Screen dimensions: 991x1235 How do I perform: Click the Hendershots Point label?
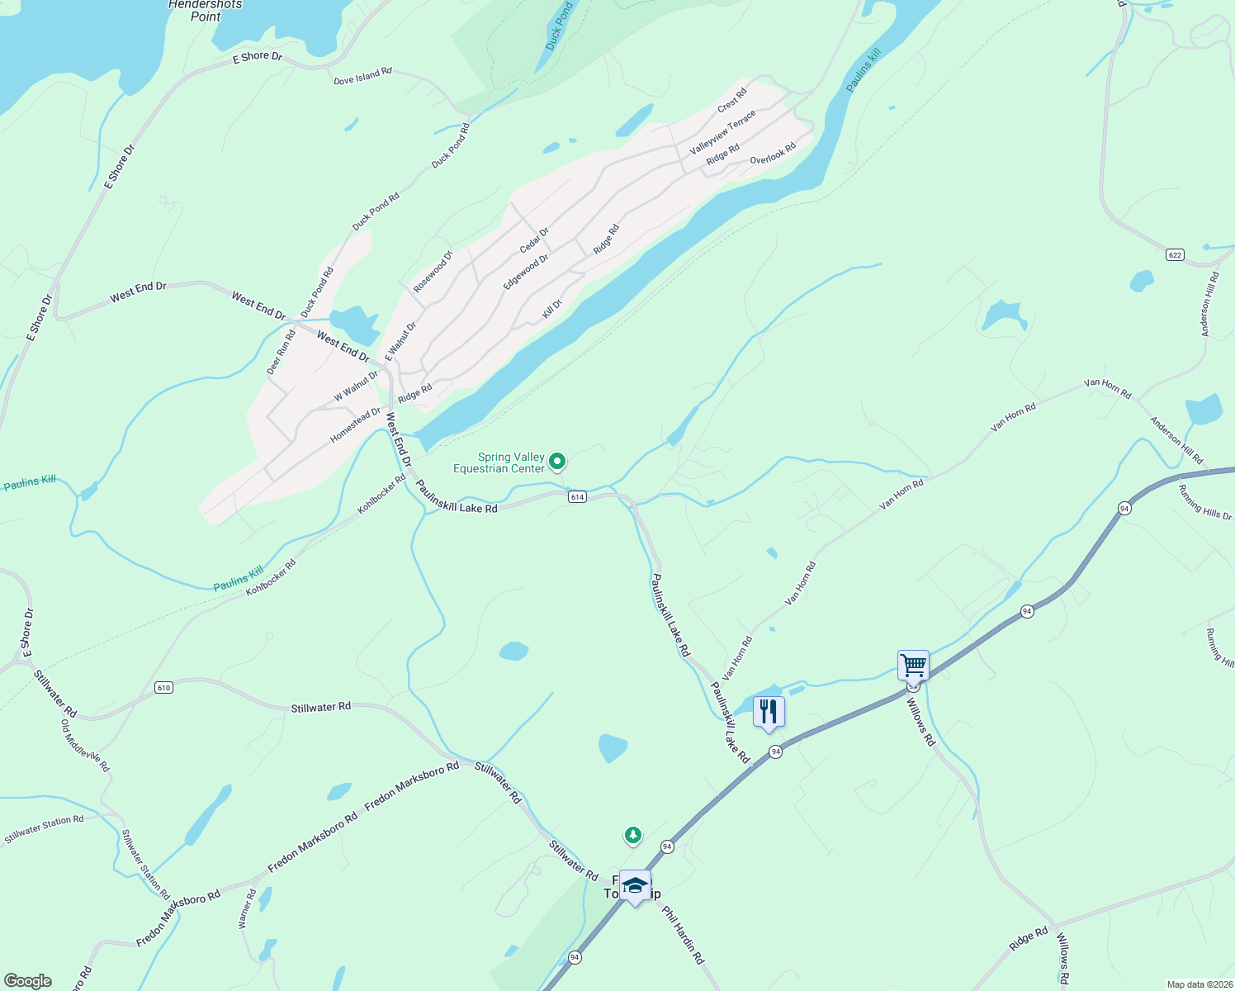[x=206, y=11]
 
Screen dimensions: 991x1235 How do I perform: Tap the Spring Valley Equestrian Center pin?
[x=557, y=461]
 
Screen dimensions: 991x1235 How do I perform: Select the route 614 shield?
[x=577, y=497]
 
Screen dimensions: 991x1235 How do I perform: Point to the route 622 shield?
[x=1176, y=254]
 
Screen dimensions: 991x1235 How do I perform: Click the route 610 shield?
[x=163, y=687]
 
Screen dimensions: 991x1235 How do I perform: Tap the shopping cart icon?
[x=913, y=664]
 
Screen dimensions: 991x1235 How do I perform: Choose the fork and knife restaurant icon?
[x=769, y=711]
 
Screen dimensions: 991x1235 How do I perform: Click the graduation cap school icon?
[x=635, y=886]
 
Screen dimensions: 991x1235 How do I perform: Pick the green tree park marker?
[x=633, y=836]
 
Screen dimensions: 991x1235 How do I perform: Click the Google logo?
[x=27, y=981]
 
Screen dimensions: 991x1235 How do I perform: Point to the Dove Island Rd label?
[x=362, y=77]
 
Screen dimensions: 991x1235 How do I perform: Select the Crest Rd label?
[x=732, y=100]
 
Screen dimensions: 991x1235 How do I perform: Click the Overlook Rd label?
[x=773, y=154]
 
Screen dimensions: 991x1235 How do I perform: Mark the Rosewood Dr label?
[x=433, y=271]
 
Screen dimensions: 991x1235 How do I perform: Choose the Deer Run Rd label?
[x=281, y=352]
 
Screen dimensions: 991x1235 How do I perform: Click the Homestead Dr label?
[x=355, y=424]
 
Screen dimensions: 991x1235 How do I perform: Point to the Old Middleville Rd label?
[x=85, y=745]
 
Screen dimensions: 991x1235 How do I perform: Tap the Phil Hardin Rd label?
[x=684, y=935]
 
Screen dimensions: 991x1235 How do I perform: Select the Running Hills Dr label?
[x=1204, y=502]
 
